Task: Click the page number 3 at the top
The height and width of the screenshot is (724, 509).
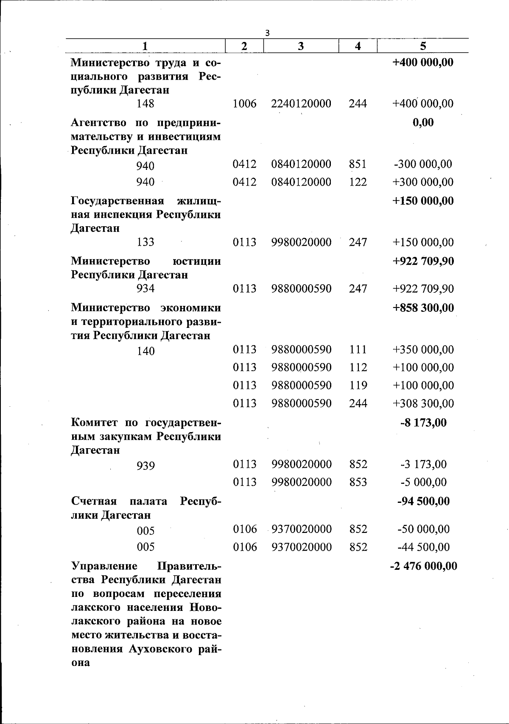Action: [x=267, y=33]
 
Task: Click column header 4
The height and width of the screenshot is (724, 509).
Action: [x=358, y=46]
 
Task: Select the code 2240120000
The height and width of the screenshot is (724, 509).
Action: [x=301, y=103]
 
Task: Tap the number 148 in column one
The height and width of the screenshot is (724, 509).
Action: [x=145, y=104]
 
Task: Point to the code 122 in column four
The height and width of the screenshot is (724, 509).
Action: [x=358, y=182]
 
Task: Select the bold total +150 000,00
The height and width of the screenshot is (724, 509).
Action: [x=423, y=200]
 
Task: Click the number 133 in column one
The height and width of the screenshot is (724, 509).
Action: [x=145, y=242]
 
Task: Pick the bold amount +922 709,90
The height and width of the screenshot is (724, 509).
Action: [x=423, y=261]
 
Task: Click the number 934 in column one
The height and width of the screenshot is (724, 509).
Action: [x=145, y=289]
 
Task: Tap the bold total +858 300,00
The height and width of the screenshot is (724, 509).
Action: [x=423, y=308]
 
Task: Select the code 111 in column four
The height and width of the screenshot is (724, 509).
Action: [x=358, y=350]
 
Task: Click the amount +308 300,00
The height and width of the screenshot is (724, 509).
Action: [x=423, y=403]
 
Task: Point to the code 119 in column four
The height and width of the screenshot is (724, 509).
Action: [x=358, y=386]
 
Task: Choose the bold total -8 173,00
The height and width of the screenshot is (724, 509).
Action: [x=423, y=422]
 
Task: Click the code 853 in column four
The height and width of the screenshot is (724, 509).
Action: [x=358, y=482]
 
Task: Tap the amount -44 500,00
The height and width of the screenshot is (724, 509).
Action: [x=423, y=547]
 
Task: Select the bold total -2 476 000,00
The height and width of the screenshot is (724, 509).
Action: [x=423, y=566]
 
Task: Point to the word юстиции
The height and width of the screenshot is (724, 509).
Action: [x=197, y=261]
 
